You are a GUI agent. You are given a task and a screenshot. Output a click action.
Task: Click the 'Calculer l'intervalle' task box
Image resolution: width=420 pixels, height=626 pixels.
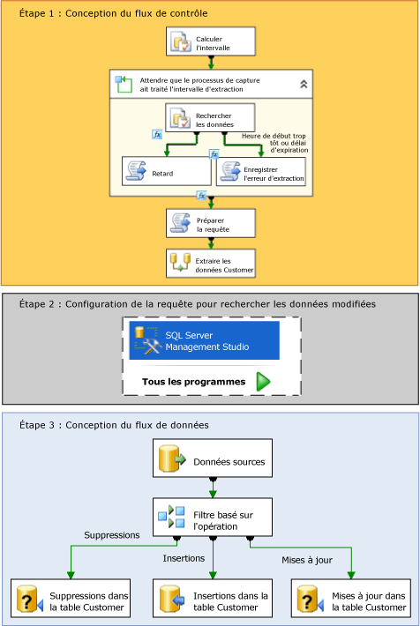(210, 41)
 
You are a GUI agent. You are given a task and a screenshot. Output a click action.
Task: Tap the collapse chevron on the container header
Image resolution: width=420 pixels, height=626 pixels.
(304, 84)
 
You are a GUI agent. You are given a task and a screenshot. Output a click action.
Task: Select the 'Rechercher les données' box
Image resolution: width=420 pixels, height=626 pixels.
(210, 117)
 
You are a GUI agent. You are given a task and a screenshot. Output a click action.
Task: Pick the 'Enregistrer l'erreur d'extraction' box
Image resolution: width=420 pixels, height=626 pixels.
(261, 173)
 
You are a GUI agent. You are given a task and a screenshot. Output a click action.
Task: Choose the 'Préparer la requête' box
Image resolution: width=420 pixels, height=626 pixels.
(210, 223)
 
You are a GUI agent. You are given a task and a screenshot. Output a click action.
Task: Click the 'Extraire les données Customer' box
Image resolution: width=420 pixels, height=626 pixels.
(210, 264)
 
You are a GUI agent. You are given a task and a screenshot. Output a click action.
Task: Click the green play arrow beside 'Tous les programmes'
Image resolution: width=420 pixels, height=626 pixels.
(263, 382)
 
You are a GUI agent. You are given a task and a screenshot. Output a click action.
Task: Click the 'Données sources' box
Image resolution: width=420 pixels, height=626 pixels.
(210, 461)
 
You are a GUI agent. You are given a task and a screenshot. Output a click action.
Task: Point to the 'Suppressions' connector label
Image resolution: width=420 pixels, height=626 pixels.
(111, 535)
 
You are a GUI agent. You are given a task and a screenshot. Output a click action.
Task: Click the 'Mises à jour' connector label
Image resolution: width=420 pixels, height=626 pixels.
(306, 558)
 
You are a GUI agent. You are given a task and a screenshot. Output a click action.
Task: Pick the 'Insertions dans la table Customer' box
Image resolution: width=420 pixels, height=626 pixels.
(210, 600)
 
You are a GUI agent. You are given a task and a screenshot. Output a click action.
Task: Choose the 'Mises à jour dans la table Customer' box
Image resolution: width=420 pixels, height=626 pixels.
(349, 600)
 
